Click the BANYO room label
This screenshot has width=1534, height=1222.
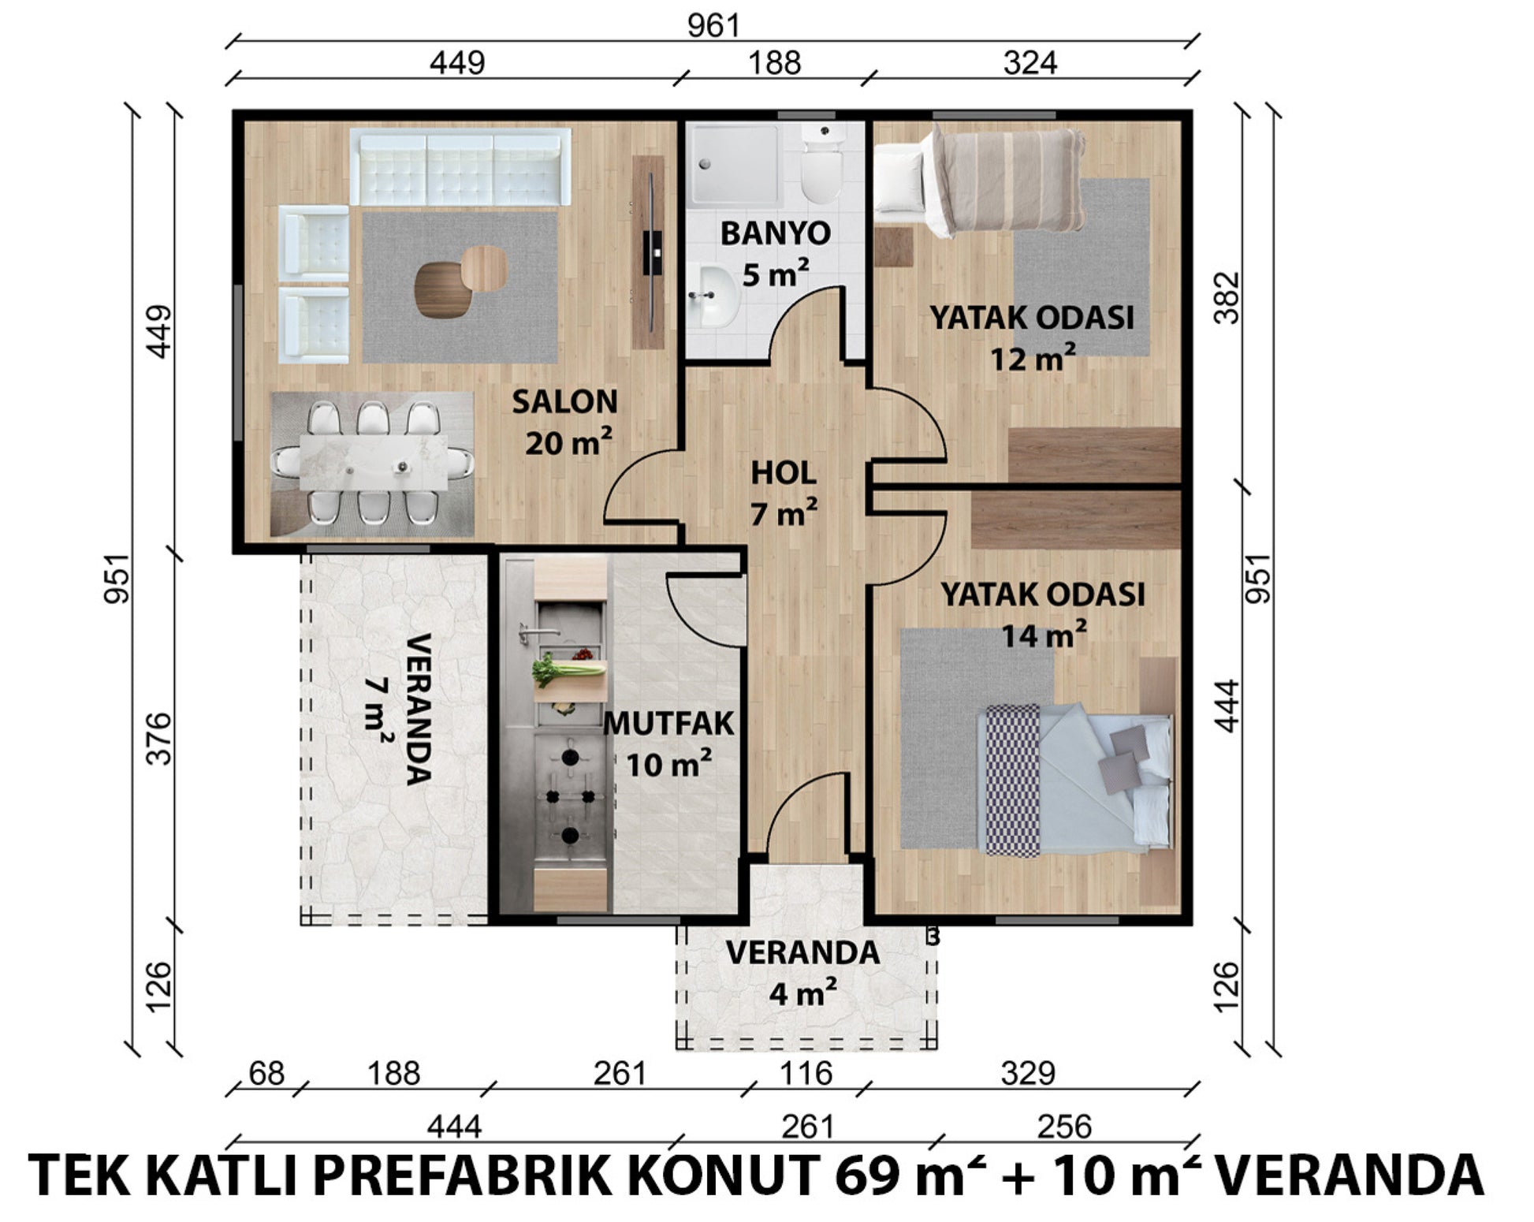775,233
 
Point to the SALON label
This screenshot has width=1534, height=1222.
564,402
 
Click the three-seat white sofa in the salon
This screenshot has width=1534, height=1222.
460,167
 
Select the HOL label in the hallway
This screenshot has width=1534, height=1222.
783,473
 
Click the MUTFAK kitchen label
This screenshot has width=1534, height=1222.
668,724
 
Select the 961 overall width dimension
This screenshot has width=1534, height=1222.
713,26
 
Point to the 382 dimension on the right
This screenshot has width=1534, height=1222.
1227,298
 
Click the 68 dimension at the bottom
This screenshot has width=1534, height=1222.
266,1073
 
